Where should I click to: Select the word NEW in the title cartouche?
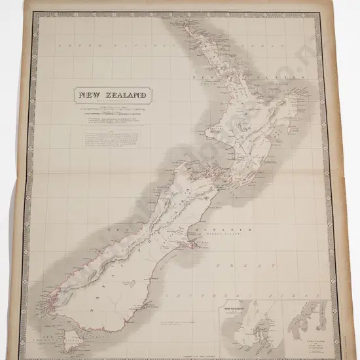pos(90,95)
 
